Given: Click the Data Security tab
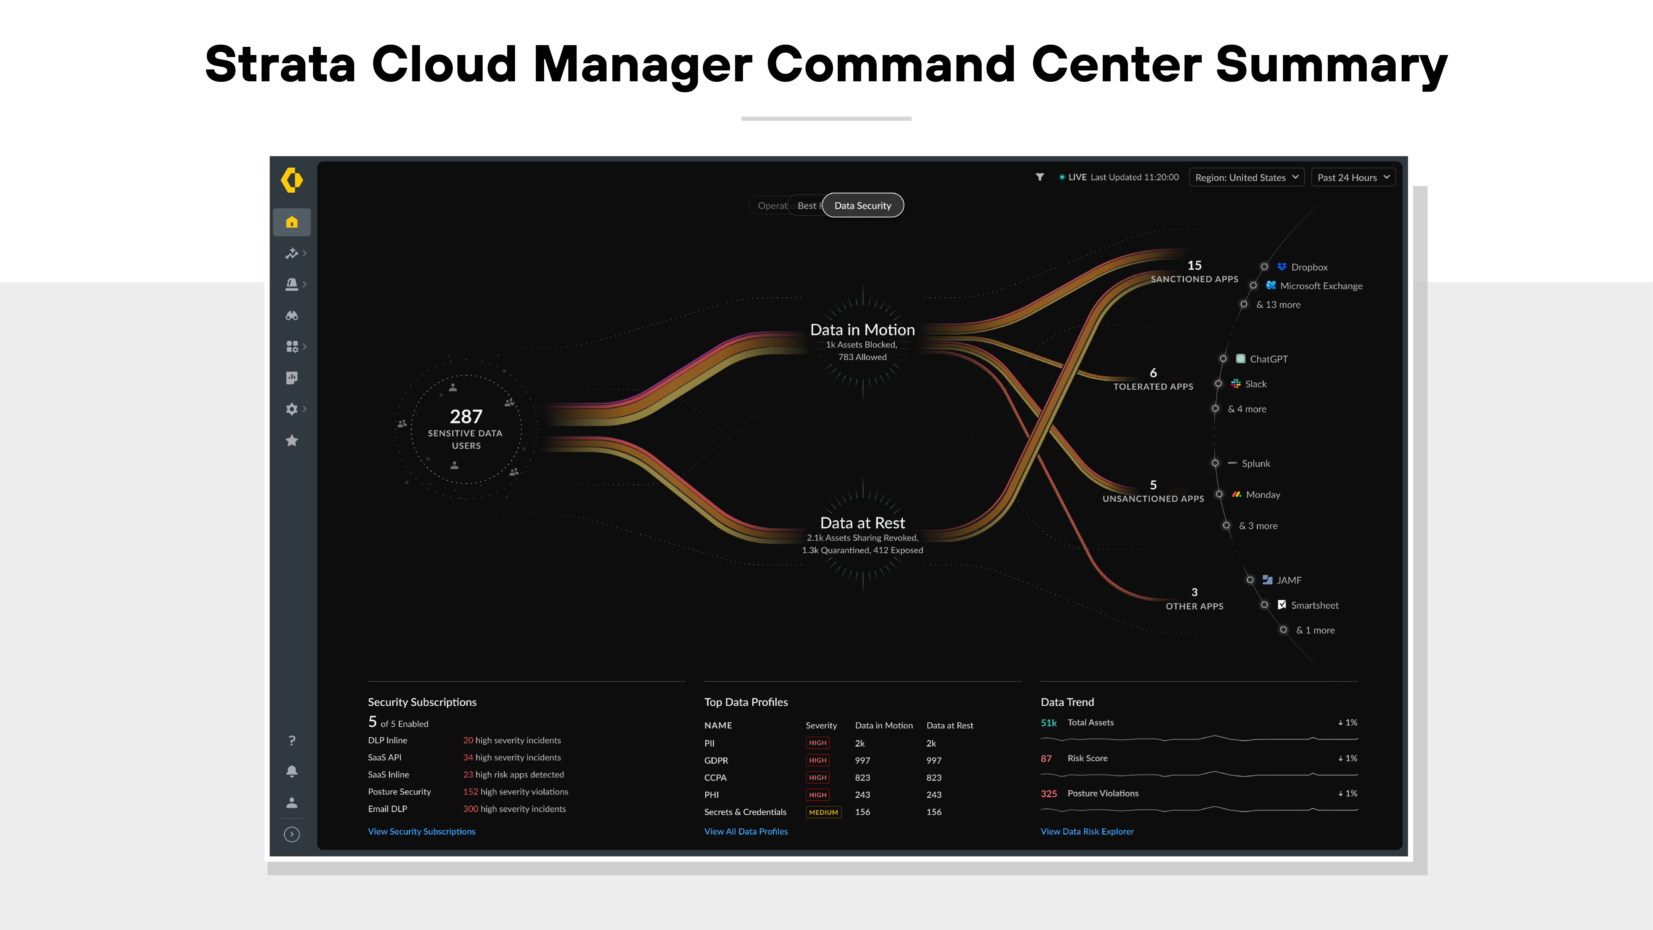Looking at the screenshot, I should pyautogui.click(x=862, y=205).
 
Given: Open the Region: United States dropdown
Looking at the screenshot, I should pyautogui.click(x=1245, y=177).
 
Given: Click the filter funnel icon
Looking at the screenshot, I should pyautogui.click(x=1039, y=177).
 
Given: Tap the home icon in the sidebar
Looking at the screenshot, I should pyautogui.click(x=292, y=222).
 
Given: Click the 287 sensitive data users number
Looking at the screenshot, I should pyautogui.click(x=466, y=417).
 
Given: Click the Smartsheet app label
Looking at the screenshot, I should pyautogui.click(x=1314, y=605).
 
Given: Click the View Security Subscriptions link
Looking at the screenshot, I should pyautogui.click(x=422, y=831).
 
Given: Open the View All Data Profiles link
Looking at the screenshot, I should pyautogui.click(x=746, y=831).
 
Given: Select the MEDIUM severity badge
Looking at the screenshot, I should pyautogui.click(x=823, y=812).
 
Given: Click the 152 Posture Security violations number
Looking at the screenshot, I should pyautogui.click(x=470, y=791).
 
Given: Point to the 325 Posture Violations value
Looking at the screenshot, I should pyautogui.click(x=1049, y=793).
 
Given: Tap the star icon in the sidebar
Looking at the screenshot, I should pyautogui.click(x=292, y=440).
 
